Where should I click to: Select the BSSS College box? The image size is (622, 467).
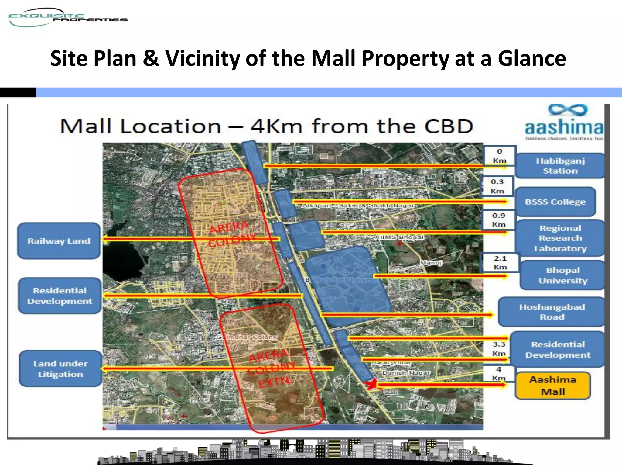(555, 202)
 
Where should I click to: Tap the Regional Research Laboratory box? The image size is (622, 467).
(560, 238)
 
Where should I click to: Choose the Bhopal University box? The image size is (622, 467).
(562, 275)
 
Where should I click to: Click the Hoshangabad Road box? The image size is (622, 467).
(552, 312)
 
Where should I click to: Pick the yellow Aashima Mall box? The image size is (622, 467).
(553, 386)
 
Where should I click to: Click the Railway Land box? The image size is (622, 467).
(59, 241)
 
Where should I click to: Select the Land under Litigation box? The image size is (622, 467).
(60, 369)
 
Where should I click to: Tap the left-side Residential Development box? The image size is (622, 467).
(60, 296)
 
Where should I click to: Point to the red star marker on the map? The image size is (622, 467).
(371, 384)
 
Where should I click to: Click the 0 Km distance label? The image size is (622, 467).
(499, 156)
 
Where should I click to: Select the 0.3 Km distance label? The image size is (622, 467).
(497, 186)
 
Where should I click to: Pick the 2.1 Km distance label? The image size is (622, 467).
(500, 262)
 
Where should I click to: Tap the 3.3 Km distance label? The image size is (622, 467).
(499, 348)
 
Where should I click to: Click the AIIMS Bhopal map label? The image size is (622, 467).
(399, 237)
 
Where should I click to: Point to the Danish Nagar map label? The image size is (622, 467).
(406, 373)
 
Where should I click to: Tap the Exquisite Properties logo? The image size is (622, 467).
(67, 18)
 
